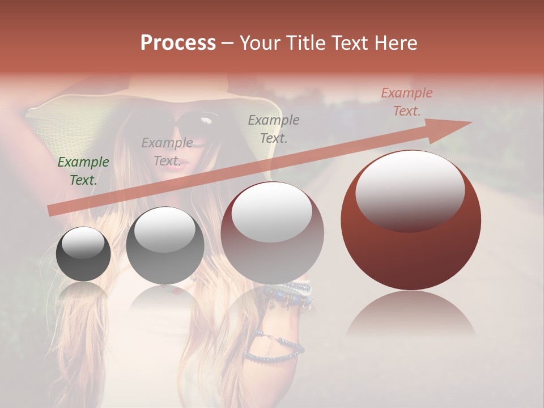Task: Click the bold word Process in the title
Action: (178, 43)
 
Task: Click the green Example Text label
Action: (83, 171)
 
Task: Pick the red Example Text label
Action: (406, 102)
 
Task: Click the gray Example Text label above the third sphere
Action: (274, 129)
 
